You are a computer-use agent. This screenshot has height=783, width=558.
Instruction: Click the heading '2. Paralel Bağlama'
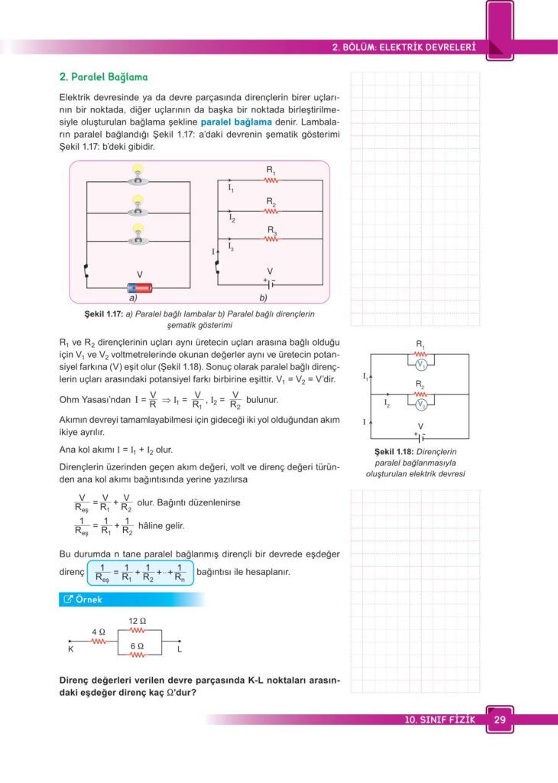(x=103, y=77)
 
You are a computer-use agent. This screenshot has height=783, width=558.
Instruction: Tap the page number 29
(x=500, y=720)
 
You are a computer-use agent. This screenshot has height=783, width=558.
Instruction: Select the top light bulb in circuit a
(x=138, y=171)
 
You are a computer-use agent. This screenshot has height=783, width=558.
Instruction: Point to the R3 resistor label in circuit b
(x=271, y=229)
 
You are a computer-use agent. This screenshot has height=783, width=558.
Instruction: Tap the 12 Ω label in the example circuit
(x=137, y=619)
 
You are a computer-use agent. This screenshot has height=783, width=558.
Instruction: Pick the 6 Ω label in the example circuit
(x=137, y=646)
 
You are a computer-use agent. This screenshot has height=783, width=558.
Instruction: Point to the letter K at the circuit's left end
(x=70, y=650)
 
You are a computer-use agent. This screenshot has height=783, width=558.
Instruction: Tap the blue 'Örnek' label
(x=86, y=599)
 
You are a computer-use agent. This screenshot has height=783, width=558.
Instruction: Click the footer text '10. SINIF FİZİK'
(x=440, y=720)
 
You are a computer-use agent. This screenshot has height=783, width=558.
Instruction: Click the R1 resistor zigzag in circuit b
(x=271, y=180)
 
